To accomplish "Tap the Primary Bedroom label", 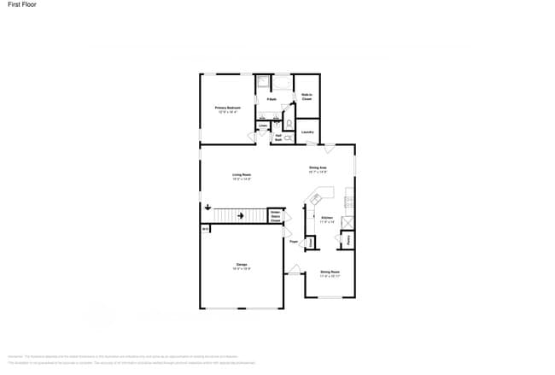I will click(227, 108).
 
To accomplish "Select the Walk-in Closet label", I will click(307, 97).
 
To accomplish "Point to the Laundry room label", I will click(307, 132).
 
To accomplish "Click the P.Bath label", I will click(272, 99).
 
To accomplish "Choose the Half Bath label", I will click(278, 137).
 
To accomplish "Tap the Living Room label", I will click(242, 176).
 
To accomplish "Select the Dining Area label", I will click(318, 169).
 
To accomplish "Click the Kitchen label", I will click(327, 220).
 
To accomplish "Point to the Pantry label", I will click(348, 240).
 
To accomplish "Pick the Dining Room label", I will click(330, 273).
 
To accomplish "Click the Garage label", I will click(242, 267).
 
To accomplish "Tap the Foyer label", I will click(293, 242).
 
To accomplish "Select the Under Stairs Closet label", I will click(275, 217).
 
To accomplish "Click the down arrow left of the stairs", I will click(207, 208).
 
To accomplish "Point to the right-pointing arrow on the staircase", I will click(242, 215).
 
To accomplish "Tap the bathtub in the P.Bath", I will click(282, 83).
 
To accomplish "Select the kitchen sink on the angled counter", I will click(316, 198).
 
